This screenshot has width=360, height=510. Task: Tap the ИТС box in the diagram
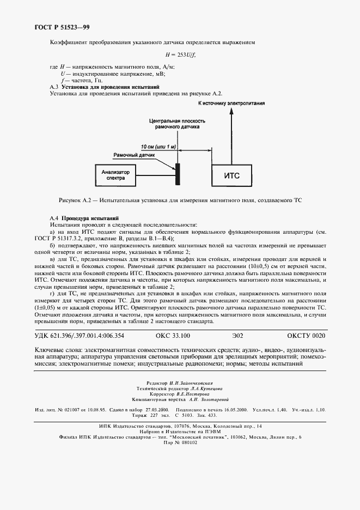pyautogui.click(x=232, y=175)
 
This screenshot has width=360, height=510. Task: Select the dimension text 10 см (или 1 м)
pyautogui.click(x=158, y=147)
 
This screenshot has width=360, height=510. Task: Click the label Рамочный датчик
pyautogui.click(x=134, y=155)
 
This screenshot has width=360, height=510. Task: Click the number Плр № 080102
pyautogui.click(x=180, y=442)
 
